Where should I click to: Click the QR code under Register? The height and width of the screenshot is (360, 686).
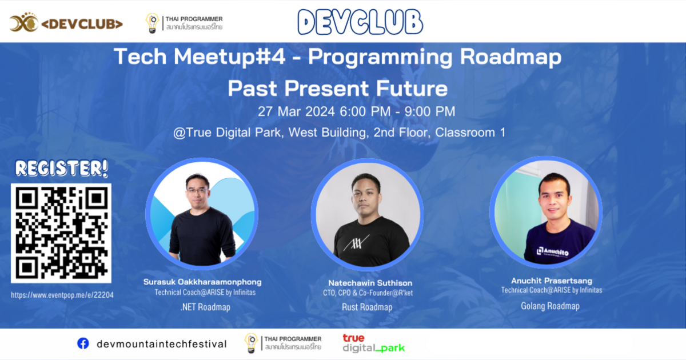[62, 233]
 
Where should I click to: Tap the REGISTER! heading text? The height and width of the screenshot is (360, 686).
[62, 169]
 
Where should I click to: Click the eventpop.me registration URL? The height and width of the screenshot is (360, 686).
[62, 295]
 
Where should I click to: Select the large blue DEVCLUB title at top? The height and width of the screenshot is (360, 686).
[360, 22]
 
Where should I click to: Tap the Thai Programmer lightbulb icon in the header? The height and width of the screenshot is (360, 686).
[152, 23]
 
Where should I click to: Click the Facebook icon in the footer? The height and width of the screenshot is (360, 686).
[83, 343]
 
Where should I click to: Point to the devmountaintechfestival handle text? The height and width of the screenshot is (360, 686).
[162, 344]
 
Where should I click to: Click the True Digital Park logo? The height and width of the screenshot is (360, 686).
[373, 343]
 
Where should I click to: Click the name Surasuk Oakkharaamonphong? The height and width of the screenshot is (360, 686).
[203, 282]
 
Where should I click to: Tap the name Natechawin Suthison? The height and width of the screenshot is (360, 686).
[370, 283]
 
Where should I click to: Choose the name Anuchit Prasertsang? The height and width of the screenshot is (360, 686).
[551, 281]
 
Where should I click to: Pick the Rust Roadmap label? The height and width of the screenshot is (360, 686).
[367, 307]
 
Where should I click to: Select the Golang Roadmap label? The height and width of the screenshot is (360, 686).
[550, 306]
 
